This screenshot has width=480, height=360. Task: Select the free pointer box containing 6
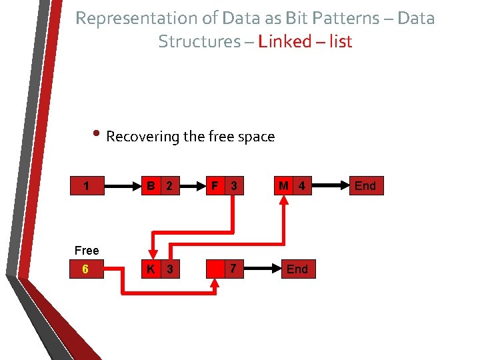[x=87, y=269]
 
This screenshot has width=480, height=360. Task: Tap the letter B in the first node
[x=152, y=187]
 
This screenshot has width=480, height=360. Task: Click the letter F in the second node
[x=214, y=186]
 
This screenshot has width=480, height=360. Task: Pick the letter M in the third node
[x=284, y=186]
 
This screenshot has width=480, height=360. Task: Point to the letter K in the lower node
[x=151, y=269]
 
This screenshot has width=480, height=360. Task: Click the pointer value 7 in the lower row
[x=233, y=269]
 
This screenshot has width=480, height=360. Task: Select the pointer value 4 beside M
[x=301, y=186]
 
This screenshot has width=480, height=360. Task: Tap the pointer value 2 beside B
[x=169, y=187]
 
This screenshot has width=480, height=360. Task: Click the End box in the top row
[x=365, y=186]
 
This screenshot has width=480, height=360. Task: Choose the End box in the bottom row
[x=297, y=269]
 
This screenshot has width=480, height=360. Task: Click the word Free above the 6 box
[x=87, y=251]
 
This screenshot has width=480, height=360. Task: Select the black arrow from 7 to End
[x=261, y=269]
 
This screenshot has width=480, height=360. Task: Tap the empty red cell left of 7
[x=215, y=269]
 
